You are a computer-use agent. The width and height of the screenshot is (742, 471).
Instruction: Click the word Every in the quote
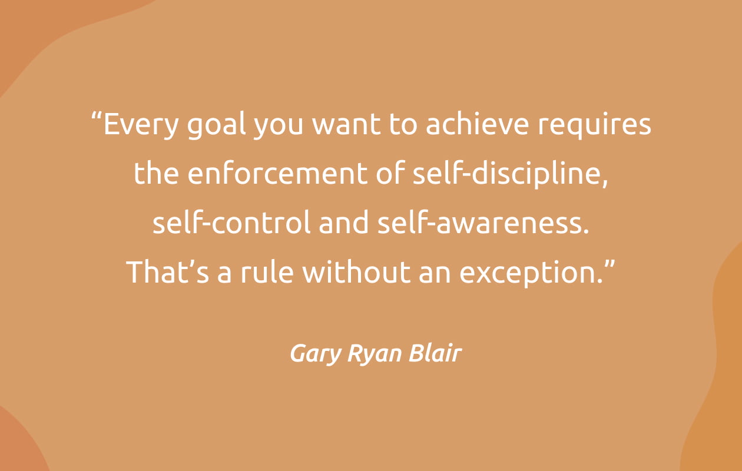click(141, 125)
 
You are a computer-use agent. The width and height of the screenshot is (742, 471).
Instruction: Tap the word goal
click(217, 125)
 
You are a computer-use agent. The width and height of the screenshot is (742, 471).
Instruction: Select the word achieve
click(478, 124)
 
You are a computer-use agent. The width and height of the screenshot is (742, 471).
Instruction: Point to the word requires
click(594, 125)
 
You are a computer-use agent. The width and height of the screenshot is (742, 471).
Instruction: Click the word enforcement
click(277, 174)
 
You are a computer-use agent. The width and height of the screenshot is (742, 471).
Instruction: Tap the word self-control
click(231, 222)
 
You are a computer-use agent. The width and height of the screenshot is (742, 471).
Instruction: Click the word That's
click(168, 271)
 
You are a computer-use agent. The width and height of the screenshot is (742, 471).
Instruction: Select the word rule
click(267, 271)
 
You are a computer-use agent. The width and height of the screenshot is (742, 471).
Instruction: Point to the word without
click(356, 271)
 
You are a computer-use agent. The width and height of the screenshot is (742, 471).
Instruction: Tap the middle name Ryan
click(375, 354)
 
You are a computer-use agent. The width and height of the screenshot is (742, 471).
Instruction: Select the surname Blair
click(435, 353)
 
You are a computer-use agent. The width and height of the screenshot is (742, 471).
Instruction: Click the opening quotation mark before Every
click(96, 117)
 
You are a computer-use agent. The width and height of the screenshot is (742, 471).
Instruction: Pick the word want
click(346, 125)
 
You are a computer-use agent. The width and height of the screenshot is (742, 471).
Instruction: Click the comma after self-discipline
click(605, 183)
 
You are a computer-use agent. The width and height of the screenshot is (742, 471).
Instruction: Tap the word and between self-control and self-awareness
click(343, 221)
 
